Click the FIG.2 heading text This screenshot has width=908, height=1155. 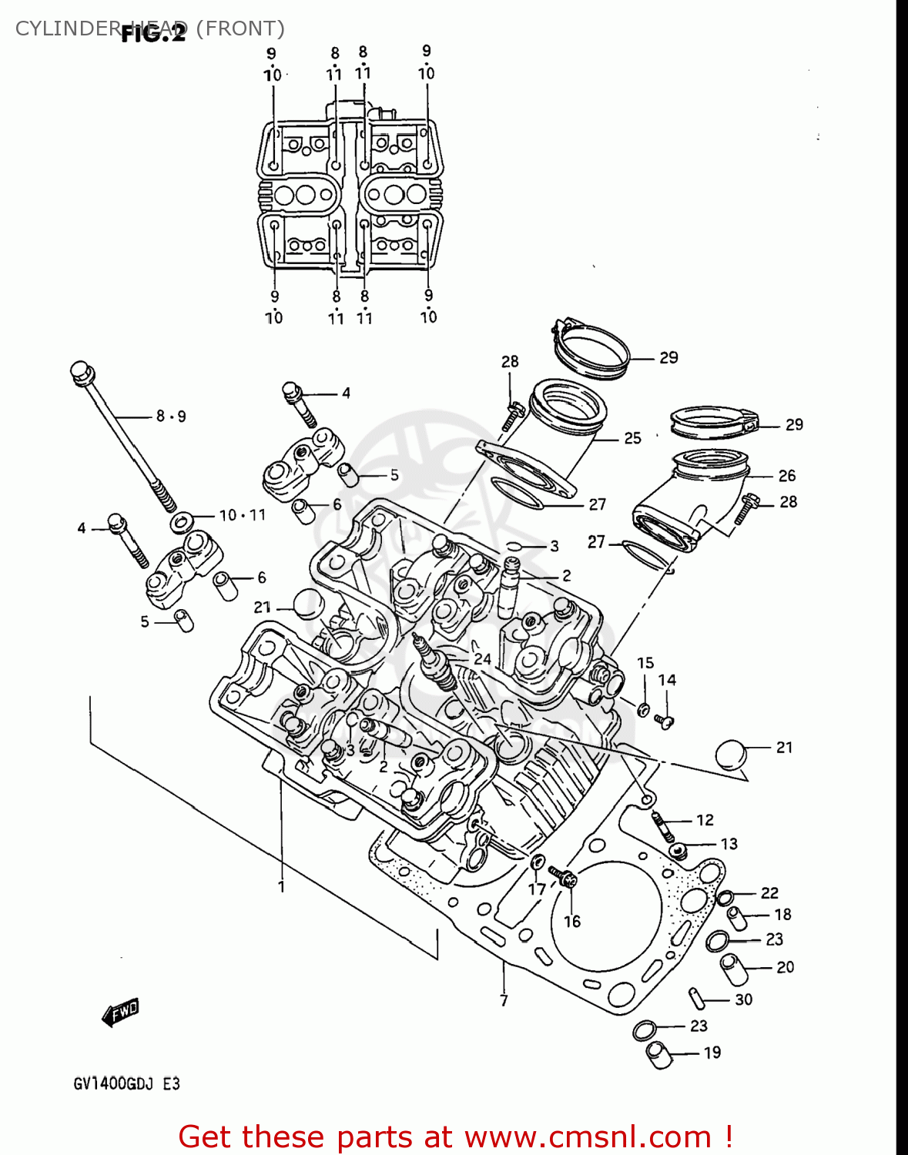[153, 34]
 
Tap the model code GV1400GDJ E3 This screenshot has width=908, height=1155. [127, 1083]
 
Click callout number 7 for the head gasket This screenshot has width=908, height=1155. [504, 1000]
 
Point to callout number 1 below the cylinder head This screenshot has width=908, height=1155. [281, 886]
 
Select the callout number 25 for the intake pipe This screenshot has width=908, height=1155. [632, 438]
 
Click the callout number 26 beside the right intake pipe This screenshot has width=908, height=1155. [786, 476]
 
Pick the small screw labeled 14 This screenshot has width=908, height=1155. [664, 721]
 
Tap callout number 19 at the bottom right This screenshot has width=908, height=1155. [712, 1053]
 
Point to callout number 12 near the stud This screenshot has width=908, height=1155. [705, 820]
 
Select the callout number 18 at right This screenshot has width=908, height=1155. [782, 914]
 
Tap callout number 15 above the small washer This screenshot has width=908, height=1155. [645, 662]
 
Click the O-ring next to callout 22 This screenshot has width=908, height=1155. [725, 897]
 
